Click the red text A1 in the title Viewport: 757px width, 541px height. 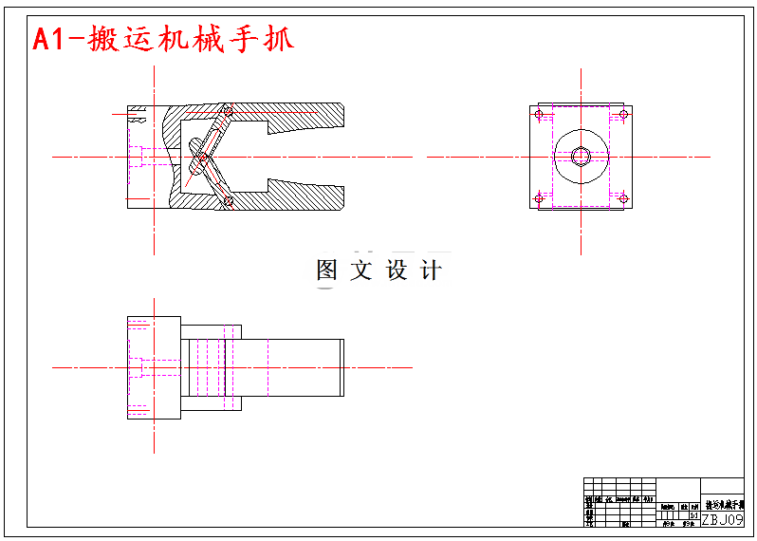(52, 38)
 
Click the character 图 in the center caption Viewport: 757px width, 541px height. (326, 270)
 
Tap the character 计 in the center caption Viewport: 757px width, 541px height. (431, 270)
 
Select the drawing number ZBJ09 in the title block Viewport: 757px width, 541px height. (722, 519)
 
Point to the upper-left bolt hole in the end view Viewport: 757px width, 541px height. (540, 116)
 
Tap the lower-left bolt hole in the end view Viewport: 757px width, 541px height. (540, 197)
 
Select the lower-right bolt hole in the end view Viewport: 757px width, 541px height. (623, 197)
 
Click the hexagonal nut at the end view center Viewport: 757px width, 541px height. (581, 157)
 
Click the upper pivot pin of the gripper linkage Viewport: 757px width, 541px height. (227, 112)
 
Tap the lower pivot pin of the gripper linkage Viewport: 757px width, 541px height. (228, 200)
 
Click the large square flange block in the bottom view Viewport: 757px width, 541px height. (155, 367)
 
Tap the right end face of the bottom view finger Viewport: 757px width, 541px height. (342, 367)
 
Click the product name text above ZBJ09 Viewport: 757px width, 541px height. (723, 504)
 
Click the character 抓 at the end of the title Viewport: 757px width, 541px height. (276, 38)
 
